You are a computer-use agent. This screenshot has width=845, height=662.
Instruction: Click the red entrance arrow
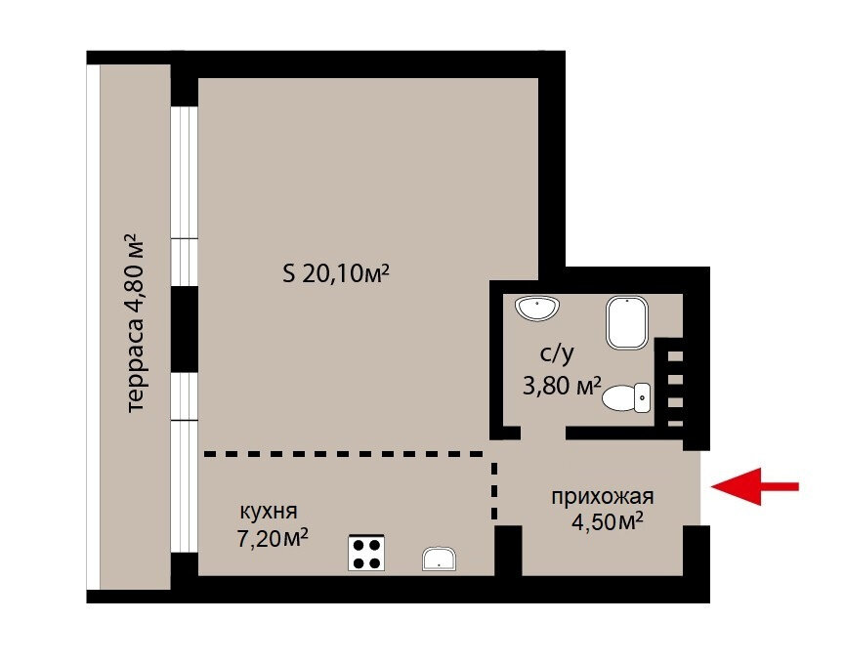pos(754,486)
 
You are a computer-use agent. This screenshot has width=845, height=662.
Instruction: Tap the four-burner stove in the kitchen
pos(366,553)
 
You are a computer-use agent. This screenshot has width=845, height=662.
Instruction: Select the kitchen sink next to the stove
pos(440,559)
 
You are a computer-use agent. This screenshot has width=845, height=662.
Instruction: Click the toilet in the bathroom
pos(626,398)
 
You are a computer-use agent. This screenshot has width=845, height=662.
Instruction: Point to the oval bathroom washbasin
pos(537,309)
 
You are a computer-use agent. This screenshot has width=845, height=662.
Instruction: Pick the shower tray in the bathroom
pos(627,322)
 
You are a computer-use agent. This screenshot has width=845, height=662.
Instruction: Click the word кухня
pos(269,512)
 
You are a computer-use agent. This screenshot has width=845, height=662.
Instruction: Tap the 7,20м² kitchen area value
pos(273,538)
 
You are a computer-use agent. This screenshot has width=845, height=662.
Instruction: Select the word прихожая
pos(603,497)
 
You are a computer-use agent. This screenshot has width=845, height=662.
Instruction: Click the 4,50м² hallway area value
pos(608,521)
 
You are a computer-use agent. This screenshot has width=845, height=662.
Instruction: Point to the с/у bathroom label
pos(558,353)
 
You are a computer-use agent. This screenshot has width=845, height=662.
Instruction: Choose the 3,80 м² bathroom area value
pos(562,386)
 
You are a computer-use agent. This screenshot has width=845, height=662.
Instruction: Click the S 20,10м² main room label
pos(336,273)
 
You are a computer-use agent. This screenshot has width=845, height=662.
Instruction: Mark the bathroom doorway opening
pos(543,434)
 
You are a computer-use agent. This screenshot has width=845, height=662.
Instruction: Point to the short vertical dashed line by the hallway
pos(494,490)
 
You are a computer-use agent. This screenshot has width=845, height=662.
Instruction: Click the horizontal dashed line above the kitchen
pos(343,454)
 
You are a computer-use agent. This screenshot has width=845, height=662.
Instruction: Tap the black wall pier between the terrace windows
pos(185,329)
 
